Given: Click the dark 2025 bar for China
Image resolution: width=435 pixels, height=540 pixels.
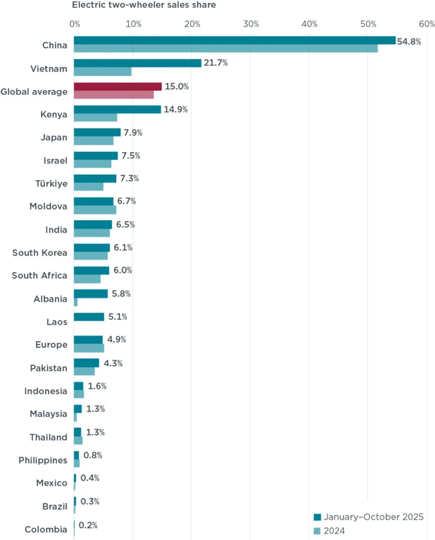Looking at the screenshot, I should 235,41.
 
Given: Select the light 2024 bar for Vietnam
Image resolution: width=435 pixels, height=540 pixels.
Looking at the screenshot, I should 103,72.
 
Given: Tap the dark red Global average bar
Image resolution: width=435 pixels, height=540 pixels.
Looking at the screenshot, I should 118,86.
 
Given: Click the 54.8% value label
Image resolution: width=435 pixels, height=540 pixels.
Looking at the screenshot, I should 409,41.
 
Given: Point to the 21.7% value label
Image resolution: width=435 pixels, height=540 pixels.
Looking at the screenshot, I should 216,63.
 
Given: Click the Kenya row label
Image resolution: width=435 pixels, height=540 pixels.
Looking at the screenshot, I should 54,114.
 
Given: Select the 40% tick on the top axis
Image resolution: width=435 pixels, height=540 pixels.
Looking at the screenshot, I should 310,24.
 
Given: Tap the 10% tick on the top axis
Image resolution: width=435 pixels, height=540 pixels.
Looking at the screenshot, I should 133,24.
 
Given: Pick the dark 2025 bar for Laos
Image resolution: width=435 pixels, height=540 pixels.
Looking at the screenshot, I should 89,317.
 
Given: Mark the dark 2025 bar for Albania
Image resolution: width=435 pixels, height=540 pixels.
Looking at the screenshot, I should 91,294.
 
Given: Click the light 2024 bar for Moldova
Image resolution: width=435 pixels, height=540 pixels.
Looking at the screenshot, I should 95,210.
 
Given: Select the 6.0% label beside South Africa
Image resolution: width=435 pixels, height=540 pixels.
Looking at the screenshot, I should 122,271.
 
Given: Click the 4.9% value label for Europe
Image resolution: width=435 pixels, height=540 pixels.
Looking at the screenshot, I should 117,340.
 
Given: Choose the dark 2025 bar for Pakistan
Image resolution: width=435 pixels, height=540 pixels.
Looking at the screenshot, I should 86,363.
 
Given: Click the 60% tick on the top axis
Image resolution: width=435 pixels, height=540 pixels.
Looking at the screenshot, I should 427,24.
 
